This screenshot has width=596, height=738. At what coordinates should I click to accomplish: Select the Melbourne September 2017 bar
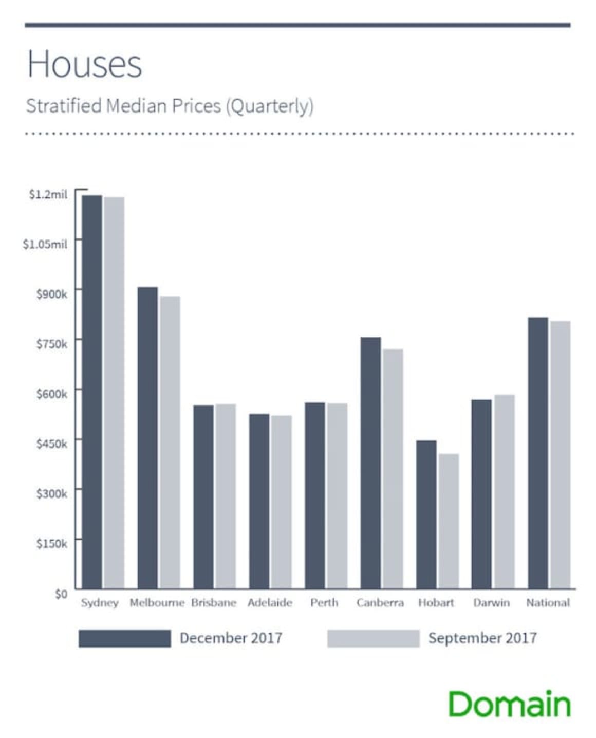coord(170,442)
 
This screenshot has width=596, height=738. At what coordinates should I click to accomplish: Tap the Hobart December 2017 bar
coord(426,514)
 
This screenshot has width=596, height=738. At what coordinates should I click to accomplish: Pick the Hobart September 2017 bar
coord(449,521)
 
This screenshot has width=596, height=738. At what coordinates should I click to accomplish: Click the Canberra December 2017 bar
coord(370,463)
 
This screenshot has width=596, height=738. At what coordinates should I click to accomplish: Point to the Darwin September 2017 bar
coord(504,491)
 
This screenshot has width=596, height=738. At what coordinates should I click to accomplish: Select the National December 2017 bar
coord(537,453)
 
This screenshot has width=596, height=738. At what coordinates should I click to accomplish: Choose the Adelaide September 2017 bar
coord(281,502)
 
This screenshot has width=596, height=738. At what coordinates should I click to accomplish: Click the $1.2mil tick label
coord(48,194)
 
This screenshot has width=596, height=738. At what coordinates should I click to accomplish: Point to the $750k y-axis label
coord(51,344)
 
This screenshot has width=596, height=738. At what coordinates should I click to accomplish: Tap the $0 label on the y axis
coord(61,594)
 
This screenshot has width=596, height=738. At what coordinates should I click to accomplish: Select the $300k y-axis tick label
coord(51,493)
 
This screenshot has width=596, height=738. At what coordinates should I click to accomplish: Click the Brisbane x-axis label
coord(213,602)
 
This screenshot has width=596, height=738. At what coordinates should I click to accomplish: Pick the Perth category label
coord(324,602)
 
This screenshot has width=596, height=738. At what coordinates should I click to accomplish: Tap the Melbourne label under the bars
coord(157,602)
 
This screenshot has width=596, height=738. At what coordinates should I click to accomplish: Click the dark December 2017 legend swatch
coord(124,638)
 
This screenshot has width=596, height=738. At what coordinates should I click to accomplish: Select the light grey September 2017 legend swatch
coord(373,638)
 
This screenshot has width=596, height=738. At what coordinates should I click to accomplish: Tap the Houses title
coord(84,64)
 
